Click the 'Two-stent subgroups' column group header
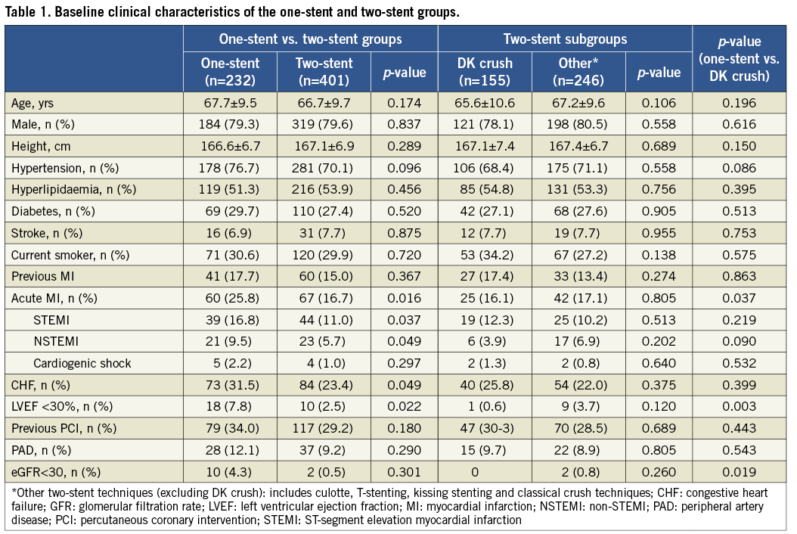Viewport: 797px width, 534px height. pyautogui.click(x=565, y=39)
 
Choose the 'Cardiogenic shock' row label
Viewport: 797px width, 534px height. pyautogui.click(x=82, y=362)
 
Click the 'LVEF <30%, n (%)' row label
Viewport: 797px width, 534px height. pyautogui.click(x=58, y=406)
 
